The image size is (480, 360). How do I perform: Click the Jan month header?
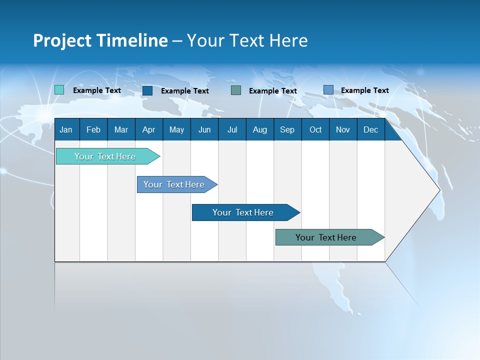[x=66, y=130]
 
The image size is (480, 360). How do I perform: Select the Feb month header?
[x=93, y=130]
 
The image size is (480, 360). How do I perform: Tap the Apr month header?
[x=149, y=130]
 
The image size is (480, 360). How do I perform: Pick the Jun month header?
[x=204, y=130]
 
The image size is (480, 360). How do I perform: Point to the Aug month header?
[x=260, y=130]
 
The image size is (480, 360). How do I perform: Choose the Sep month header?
[x=287, y=130]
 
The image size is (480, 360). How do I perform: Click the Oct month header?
[x=315, y=130]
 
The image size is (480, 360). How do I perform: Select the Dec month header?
[x=370, y=130]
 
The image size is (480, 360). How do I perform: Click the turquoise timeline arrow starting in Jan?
[x=108, y=156]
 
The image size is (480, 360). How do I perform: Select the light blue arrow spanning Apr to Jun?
[x=177, y=184]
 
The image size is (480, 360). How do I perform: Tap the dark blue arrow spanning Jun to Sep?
[x=246, y=212]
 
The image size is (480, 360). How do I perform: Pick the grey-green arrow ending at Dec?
[x=330, y=237]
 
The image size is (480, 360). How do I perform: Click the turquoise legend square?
[x=59, y=90]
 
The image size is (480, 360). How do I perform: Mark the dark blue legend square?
[x=147, y=90]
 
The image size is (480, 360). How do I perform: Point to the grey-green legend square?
[x=236, y=90]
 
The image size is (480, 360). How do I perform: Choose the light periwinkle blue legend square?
[x=328, y=90]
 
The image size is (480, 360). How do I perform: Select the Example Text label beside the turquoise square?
[x=97, y=90]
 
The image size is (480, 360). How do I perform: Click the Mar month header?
[x=121, y=130]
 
